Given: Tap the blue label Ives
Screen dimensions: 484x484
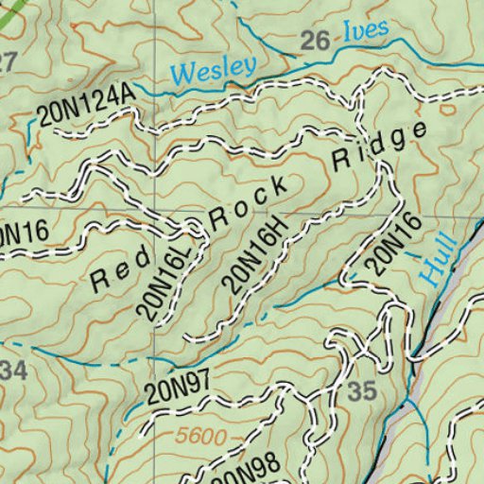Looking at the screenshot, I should pyautogui.click(x=364, y=32).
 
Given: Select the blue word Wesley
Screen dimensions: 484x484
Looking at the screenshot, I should pyautogui.click(x=214, y=69).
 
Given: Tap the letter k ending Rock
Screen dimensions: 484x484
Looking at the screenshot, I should pyautogui.click(x=277, y=187).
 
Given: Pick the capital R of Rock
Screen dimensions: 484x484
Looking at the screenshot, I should pyautogui.click(x=219, y=220).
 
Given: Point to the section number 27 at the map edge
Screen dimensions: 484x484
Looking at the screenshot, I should pyautogui.click(x=7, y=63).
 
